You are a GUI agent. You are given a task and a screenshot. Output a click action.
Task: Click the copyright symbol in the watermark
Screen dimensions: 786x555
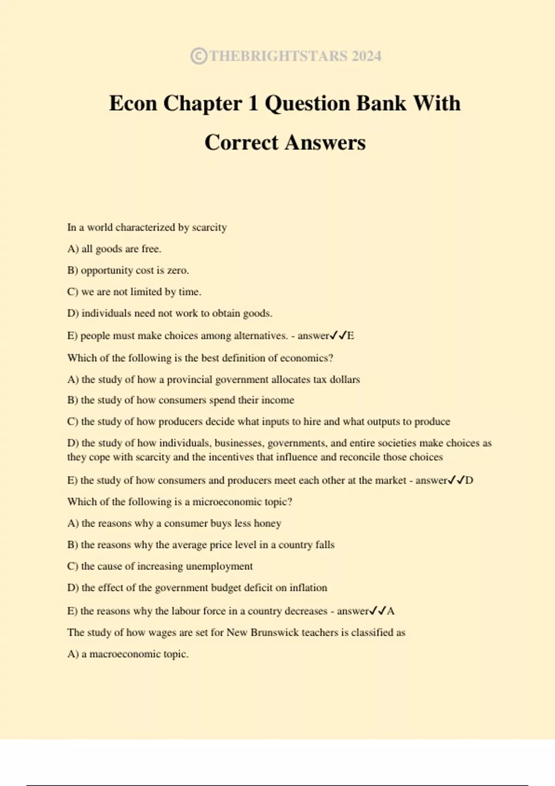(198, 56)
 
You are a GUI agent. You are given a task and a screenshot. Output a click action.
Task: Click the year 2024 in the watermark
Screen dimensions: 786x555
(366, 56)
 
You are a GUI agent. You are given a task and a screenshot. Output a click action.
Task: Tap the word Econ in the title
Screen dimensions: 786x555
(133, 103)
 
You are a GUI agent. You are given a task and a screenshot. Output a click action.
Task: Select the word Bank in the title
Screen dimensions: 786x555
(382, 103)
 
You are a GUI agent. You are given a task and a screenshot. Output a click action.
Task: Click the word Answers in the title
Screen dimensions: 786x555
(325, 142)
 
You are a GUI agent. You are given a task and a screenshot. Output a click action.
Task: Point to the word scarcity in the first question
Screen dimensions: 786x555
(209, 227)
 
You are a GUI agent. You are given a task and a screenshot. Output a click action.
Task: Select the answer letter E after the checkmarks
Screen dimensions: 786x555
(351, 336)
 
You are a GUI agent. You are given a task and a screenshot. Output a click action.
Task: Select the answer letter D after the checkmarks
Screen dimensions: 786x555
(469, 480)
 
